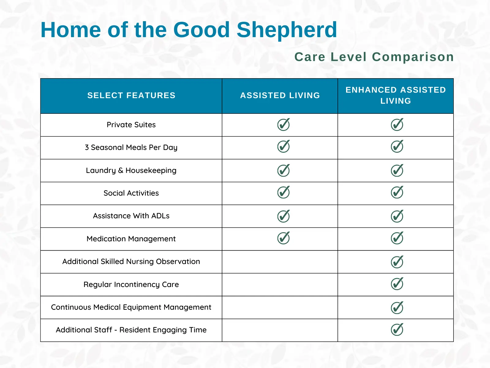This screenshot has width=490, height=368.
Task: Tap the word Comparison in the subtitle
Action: [x=413, y=57]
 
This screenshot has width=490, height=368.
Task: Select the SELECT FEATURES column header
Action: [x=131, y=96]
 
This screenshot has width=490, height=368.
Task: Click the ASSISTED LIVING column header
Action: [x=280, y=96]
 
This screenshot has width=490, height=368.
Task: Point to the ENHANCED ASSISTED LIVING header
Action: [x=395, y=95]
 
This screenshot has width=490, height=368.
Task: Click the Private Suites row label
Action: [x=131, y=125]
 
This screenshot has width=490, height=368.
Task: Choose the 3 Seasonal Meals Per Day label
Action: [x=131, y=148]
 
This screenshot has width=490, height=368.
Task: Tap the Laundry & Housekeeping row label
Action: [x=131, y=171]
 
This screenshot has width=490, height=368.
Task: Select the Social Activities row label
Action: [x=131, y=193]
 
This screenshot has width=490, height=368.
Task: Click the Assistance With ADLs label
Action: [x=131, y=216]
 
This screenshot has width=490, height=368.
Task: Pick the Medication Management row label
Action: [x=131, y=239]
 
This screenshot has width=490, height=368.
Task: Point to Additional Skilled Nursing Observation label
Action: [x=131, y=262]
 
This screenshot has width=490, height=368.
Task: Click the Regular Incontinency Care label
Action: [x=131, y=285]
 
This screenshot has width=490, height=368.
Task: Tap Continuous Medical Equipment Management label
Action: [x=131, y=307]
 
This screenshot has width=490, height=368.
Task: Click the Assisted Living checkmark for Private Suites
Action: [x=283, y=125]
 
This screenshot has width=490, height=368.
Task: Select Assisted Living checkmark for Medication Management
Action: [x=283, y=238]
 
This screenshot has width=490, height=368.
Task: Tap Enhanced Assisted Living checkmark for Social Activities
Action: [x=397, y=193]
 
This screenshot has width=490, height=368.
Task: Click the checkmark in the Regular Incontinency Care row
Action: [x=397, y=284]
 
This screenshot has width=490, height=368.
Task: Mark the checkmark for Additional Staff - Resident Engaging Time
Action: [x=397, y=330]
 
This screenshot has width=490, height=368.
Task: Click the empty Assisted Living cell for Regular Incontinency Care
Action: [x=280, y=285]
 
